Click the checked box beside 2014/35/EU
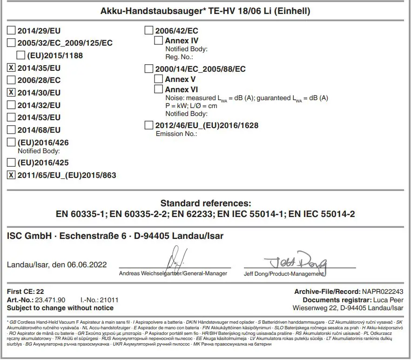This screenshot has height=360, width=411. click(12, 68)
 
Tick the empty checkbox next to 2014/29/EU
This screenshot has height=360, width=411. click(12, 31)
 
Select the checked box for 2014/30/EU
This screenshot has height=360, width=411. click(12, 92)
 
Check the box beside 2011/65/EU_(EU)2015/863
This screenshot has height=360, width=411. click(12, 175)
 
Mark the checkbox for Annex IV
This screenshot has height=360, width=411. click(159, 41)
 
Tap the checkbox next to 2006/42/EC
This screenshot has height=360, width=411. click(149, 31)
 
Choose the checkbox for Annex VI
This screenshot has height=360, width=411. click(159, 89)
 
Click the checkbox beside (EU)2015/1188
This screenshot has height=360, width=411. click(20, 56)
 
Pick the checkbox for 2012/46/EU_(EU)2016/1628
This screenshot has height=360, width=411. click(149, 125)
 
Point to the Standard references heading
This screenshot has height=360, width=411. click(205, 203)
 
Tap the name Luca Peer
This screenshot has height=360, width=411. click(388, 300)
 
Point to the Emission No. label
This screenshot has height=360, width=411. click(176, 134)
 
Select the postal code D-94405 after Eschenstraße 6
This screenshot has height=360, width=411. click(150, 236)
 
